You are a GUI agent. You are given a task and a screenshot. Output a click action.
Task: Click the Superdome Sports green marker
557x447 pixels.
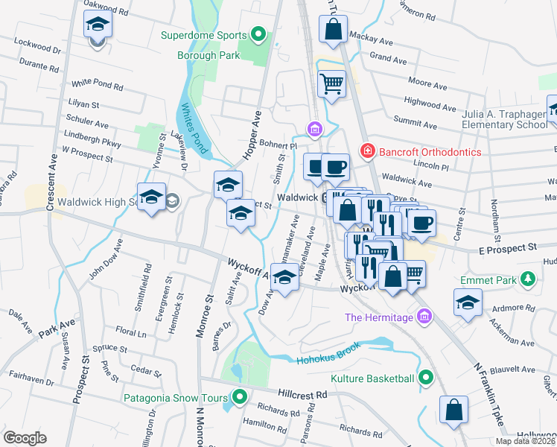point(258,34)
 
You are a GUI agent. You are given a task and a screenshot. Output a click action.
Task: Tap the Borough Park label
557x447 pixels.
point(208,55)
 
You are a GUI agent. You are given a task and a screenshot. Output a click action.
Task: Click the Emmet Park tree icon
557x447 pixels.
point(528,279)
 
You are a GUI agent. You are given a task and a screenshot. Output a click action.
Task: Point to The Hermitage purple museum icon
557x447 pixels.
point(424,317)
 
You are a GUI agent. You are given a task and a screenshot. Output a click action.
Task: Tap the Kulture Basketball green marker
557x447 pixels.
point(425,378)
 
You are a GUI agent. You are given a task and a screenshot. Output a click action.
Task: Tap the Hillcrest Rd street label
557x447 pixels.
point(303,393)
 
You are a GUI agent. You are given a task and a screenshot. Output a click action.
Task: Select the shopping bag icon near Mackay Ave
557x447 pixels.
point(333,30)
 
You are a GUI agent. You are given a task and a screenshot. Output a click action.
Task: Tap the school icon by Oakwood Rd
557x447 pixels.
point(98,25)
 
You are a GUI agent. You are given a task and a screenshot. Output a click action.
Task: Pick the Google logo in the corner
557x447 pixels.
point(25,438)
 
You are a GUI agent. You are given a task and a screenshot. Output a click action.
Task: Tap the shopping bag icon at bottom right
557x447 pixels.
point(453,410)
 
